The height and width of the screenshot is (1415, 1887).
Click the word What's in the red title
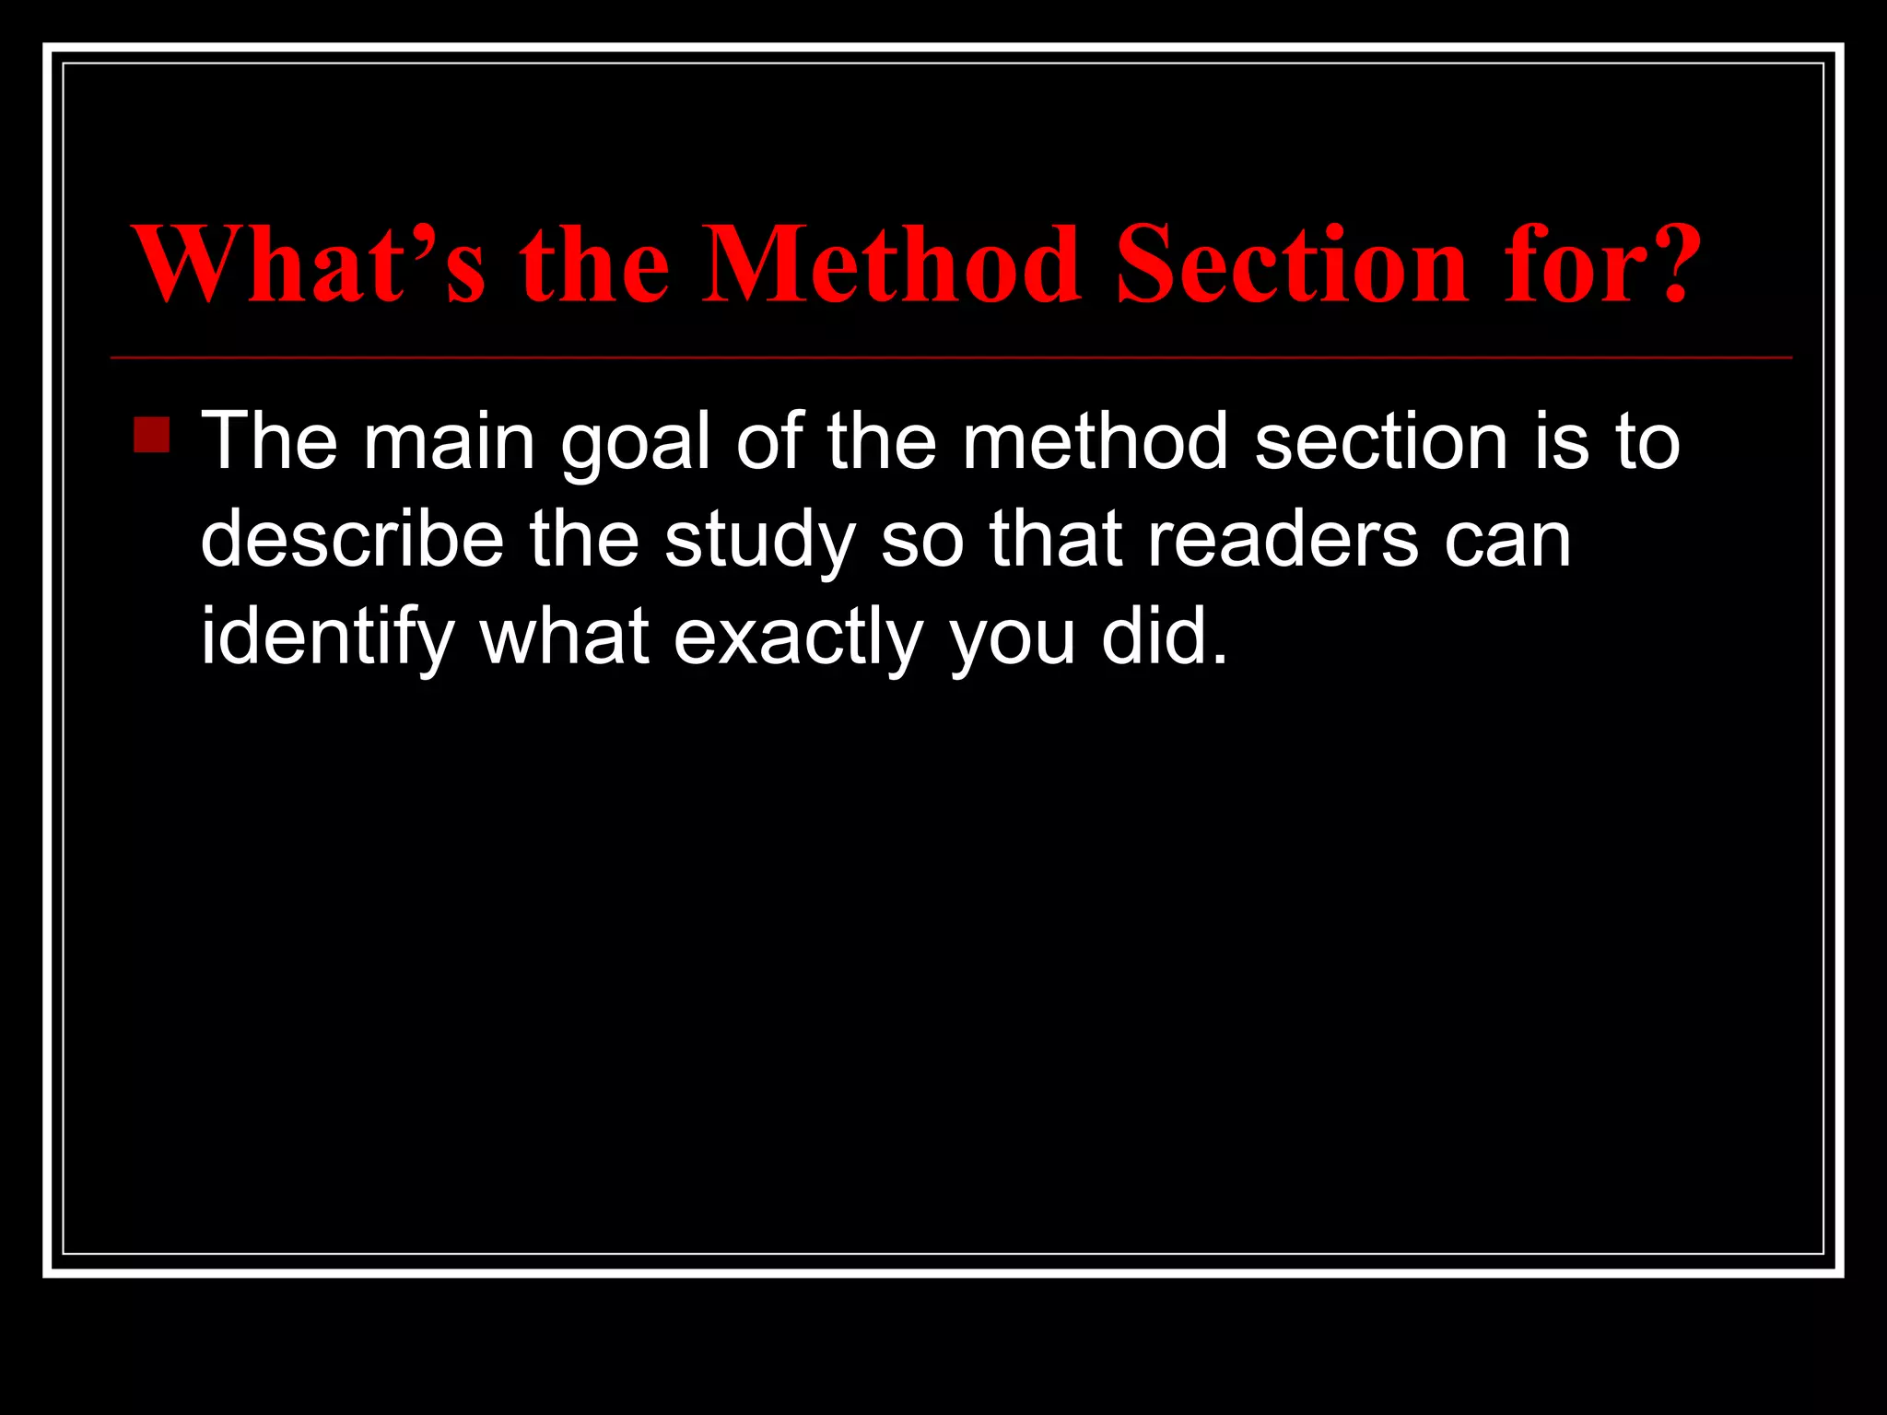(x=309, y=264)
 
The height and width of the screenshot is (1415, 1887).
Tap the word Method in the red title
(x=890, y=264)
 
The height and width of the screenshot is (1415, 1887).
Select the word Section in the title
(x=1291, y=264)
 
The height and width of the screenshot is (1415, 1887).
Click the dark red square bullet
(x=151, y=435)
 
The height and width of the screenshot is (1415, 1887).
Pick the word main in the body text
(x=449, y=442)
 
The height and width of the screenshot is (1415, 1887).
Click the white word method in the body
(x=1096, y=442)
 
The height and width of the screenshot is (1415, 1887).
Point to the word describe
(x=352, y=540)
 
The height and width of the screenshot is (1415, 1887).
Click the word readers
(x=1283, y=540)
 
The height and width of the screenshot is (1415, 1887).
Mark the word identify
(x=328, y=637)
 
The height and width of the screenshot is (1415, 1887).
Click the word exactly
(x=798, y=637)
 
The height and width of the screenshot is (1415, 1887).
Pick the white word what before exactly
(x=564, y=637)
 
